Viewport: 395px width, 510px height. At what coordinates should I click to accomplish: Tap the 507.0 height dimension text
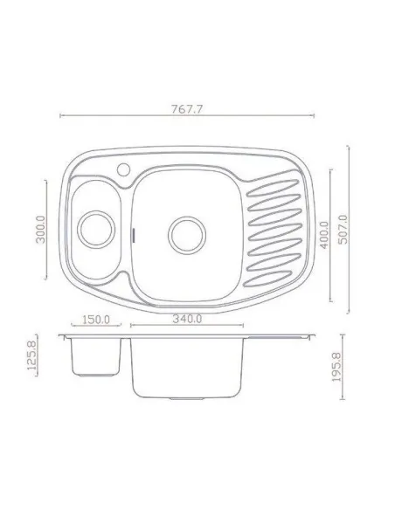[342, 230]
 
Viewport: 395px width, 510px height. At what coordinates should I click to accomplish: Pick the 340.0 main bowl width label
[187, 320]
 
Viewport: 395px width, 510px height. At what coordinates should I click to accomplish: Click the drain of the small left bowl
[93, 230]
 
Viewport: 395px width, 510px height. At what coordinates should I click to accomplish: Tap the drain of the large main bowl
[186, 232]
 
